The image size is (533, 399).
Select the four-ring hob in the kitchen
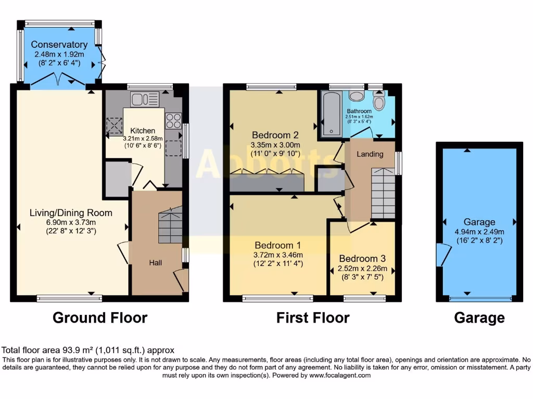tap(173, 121)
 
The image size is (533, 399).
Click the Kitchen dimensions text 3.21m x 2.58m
tap(143, 139)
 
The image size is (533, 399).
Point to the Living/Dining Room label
tap(71, 212)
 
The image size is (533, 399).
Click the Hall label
tap(156, 263)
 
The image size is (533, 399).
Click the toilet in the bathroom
tap(378, 101)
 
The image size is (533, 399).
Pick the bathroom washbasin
tap(357, 96)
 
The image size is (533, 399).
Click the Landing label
tap(370, 154)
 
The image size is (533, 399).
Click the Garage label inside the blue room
tap(479, 222)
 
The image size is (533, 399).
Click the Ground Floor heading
tap(100, 317)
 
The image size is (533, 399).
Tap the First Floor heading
tap(313, 317)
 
